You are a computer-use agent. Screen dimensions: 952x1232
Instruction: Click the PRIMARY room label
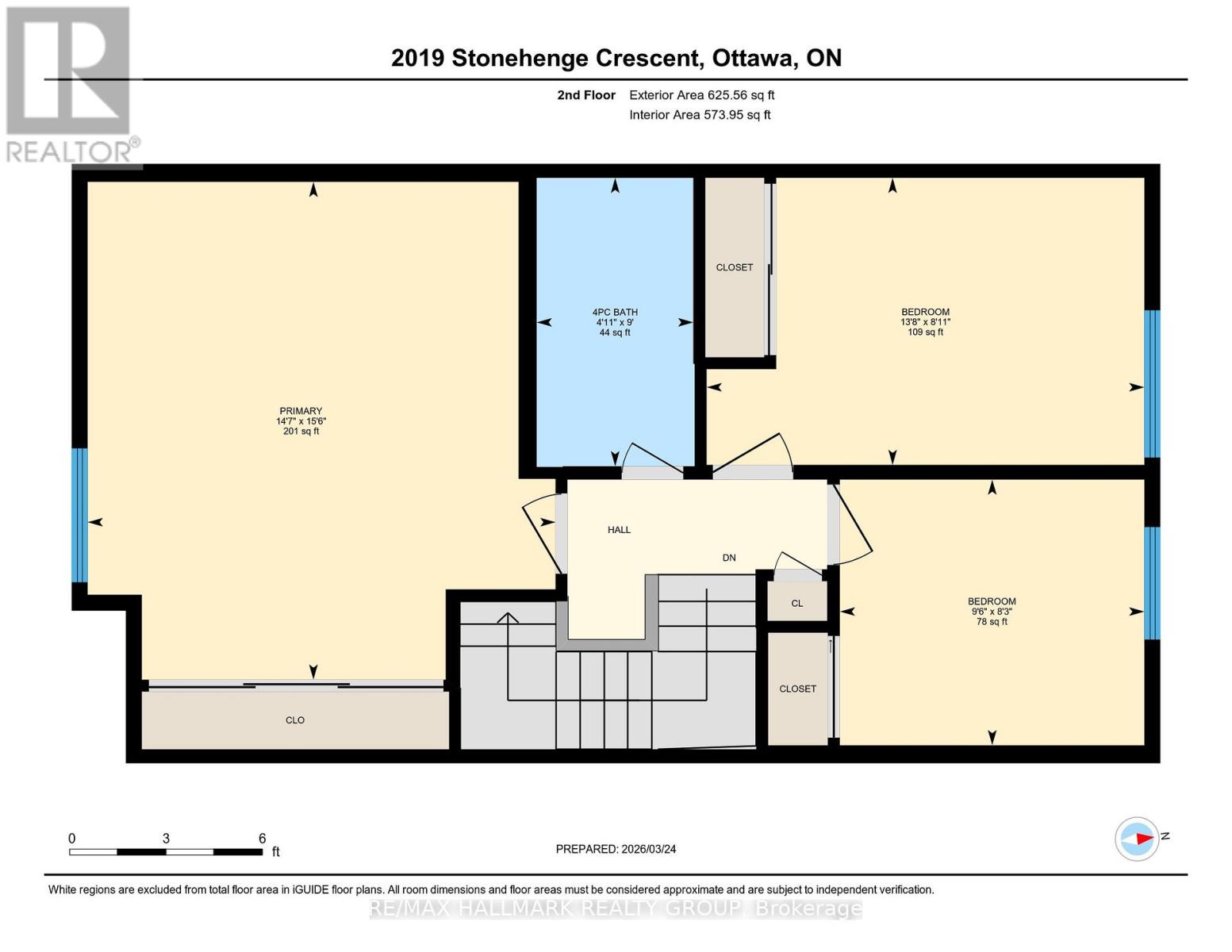(x=300, y=411)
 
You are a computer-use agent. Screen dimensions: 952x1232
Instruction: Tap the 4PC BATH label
(x=615, y=313)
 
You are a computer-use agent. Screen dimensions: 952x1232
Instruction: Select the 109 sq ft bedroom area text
(x=925, y=332)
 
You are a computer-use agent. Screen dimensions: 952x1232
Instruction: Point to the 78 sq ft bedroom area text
(x=992, y=622)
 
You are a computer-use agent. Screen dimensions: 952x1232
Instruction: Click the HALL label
(x=619, y=530)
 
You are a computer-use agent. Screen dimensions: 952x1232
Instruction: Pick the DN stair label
(x=729, y=558)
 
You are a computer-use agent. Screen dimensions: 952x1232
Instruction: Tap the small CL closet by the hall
(x=796, y=603)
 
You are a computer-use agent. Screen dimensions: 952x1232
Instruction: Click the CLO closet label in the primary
(x=295, y=720)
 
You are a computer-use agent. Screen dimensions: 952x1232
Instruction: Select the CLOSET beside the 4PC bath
(x=735, y=267)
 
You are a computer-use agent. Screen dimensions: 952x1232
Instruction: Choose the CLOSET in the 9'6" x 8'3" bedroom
(x=797, y=689)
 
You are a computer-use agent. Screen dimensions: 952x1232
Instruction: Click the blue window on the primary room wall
(x=79, y=516)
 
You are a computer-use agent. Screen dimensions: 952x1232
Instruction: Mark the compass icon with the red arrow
(x=1137, y=839)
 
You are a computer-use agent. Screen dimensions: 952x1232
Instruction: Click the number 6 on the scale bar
(x=262, y=839)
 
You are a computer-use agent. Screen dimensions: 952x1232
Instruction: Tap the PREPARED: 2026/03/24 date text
(x=616, y=849)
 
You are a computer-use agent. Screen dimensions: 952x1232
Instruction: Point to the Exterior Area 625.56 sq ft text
(x=701, y=95)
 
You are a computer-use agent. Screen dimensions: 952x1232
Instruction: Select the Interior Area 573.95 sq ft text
(x=700, y=115)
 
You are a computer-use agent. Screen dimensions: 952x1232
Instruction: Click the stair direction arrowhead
(x=508, y=618)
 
